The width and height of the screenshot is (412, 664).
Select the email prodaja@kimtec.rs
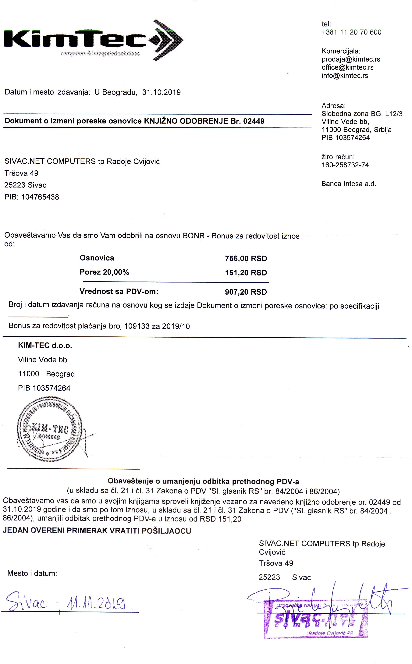point(351,59)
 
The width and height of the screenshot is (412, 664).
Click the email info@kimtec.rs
point(345,76)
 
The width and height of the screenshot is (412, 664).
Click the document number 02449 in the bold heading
point(254,121)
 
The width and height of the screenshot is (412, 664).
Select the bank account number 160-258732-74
point(345,165)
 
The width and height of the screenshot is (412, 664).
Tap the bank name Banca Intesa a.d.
point(349,184)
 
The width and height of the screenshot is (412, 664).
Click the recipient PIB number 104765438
point(40,197)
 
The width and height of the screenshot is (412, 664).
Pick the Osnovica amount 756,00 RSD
point(246,258)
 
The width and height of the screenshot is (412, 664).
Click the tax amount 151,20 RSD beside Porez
point(246,273)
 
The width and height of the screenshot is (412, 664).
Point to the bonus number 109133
point(137,326)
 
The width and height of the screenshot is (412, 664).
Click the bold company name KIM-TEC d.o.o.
point(45,346)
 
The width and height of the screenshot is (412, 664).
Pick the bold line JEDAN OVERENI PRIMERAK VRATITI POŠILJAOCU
point(97,531)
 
